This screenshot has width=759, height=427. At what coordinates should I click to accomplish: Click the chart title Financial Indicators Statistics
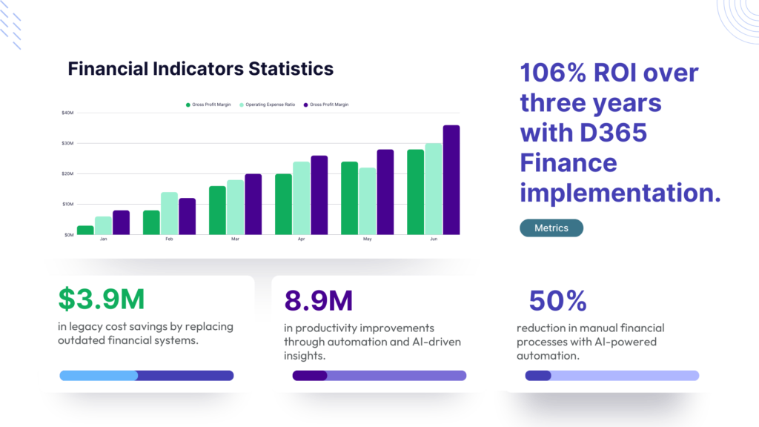200,69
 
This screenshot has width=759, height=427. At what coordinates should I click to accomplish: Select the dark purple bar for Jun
451,180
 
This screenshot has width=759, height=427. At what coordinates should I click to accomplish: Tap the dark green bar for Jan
85,230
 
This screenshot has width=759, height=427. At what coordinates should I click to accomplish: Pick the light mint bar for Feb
169,213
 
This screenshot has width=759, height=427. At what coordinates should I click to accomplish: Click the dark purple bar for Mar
253,205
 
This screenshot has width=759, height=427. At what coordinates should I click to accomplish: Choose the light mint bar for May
368,201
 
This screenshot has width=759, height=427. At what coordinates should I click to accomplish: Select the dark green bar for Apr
284,204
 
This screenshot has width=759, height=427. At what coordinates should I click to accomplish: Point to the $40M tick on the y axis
67,113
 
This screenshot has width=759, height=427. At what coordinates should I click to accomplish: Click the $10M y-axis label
67,204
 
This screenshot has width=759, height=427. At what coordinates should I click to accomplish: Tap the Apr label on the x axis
302,240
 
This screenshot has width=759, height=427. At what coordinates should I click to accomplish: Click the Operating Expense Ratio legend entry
268,105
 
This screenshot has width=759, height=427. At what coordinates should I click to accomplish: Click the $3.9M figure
101,299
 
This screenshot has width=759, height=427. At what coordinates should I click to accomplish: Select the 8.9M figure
319,300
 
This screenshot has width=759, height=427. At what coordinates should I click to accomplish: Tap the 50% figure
557,300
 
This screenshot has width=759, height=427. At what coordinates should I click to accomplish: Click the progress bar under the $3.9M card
147,375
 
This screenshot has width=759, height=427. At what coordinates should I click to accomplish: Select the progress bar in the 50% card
612,375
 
